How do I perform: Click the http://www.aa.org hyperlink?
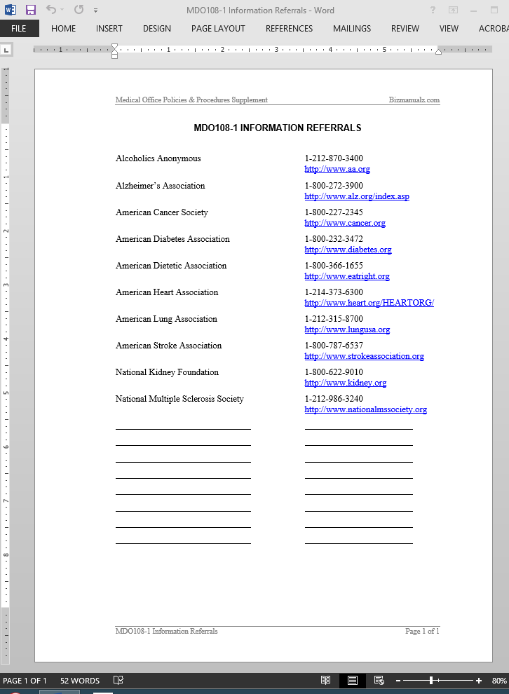pos(337,170)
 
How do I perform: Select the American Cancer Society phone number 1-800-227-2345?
pos(334,212)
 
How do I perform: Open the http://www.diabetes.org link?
pos(348,250)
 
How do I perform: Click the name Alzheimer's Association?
pos(160,186)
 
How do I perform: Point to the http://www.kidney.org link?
pos(345,383)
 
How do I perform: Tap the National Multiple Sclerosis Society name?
pos(179,399)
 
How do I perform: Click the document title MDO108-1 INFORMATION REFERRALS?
pos(277,128)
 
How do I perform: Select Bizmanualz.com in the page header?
pos(414,100)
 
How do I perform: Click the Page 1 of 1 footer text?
pos(422,632)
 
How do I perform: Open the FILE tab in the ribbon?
pos(19,29)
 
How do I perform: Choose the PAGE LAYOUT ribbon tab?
pos(218,29)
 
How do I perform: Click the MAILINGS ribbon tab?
pos(351,29)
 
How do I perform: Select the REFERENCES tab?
pos(289,29)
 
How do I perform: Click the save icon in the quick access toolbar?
pos(31,10)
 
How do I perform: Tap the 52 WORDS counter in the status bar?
pos(80,681)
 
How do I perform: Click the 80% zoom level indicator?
pos(499,681)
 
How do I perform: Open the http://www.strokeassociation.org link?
pos(364,356)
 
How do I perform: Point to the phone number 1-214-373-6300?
pos(334,292)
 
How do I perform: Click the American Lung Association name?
pos(166,319)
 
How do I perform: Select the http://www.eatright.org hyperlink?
pos(346,276)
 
